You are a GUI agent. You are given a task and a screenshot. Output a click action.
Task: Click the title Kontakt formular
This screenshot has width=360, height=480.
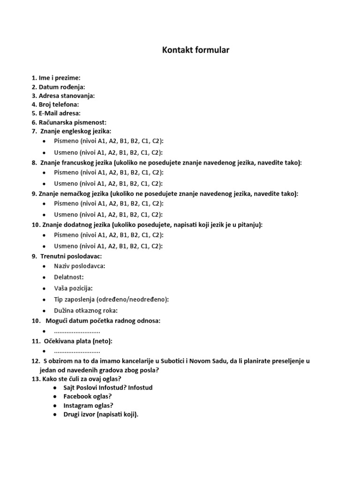[x=195, y=50]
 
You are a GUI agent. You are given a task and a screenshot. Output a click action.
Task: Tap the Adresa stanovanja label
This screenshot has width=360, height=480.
[x=67, y=96]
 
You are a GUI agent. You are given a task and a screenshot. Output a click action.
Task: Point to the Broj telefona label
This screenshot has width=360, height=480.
[x=59, y=105]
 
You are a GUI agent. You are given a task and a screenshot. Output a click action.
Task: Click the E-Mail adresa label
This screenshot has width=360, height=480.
[x=60, y=113]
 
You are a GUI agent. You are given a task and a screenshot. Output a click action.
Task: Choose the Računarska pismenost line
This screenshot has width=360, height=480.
[x=73, y=122]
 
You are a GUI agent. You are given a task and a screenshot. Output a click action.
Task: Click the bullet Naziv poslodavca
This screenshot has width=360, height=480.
[x=80, y=266]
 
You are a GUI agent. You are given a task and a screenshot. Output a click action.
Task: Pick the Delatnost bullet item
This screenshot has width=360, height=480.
[x=69, y=277]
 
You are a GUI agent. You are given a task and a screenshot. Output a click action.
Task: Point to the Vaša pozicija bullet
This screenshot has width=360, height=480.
[x=73, y=288]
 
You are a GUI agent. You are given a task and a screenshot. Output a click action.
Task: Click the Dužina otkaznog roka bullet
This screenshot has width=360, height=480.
[x=86, y=310]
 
